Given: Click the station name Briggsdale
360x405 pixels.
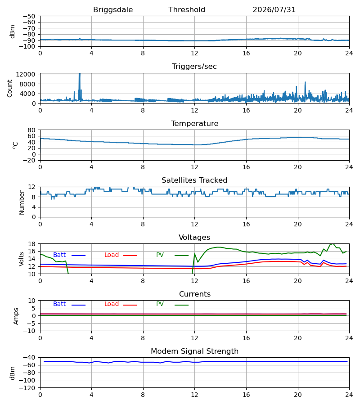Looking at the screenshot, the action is click(113, 10).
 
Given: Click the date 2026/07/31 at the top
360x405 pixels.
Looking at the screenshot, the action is click(274, 10).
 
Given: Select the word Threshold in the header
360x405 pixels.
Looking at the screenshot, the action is click(187, 9).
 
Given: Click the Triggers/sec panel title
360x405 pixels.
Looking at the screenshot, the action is click(194, 67).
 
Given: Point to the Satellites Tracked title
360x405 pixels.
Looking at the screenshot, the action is click(194, 180).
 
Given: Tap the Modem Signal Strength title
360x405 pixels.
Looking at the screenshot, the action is click(194, 351).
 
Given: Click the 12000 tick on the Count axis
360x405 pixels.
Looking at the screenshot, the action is click(25, 74).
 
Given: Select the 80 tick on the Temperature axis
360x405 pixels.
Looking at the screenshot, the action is click(31, 130).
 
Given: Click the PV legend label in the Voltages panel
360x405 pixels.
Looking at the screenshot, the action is click(160, 255).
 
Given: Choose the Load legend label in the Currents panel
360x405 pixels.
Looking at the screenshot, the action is click(112, 304).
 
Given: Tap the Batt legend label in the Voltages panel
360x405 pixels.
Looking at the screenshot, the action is click(59, 255).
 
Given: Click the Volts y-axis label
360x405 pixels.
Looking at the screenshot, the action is click(21, 259).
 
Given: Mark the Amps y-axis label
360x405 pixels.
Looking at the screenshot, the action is click(16, 316).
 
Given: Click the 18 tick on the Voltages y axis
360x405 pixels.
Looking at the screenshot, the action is click(31, 244).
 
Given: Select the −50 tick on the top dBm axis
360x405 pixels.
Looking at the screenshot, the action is click(29, 16).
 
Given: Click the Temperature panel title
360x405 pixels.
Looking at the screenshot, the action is click(194, 123).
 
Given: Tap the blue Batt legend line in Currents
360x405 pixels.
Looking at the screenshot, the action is click(78, 305).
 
